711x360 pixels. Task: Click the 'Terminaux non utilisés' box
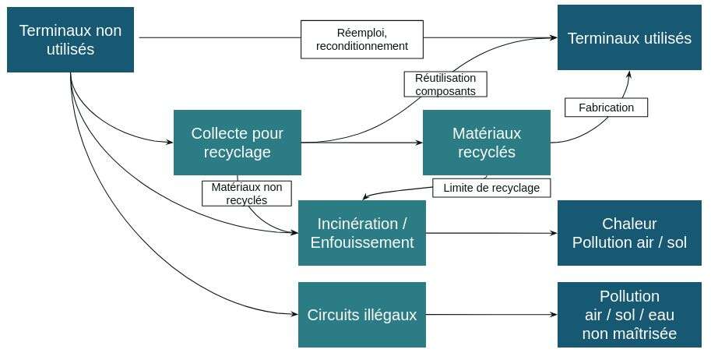[x=70, y=40]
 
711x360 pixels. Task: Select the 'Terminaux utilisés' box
[x=629, y=38]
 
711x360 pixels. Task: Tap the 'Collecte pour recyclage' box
[x=237, y=143]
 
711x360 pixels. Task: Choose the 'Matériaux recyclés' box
[x=486, y=143]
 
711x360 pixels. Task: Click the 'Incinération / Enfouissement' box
[x=361, y=233]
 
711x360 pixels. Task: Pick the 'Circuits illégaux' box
[x=361, y=315]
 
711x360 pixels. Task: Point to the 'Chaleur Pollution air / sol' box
[x=629, y=233]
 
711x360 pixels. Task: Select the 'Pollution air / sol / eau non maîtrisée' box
[x=629, y=315]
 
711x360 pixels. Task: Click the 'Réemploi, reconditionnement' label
[x=361, y=39]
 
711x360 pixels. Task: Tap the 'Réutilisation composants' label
[x=445, y=84]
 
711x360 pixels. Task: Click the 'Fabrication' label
[x=606, y=108]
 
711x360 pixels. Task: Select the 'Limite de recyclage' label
[x=491, y=188]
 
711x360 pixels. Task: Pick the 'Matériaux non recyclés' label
[x=246, y=193]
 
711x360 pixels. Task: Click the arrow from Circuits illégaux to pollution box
[x=491, y=315]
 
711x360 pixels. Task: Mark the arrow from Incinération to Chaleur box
[x=491, y=233]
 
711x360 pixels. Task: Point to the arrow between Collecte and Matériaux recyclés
[x=362, y=143]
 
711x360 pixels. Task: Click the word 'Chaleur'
[x=629, y=224]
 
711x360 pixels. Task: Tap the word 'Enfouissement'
[x=361, y=242]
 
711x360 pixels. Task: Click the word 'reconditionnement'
[x=361, y=46]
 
